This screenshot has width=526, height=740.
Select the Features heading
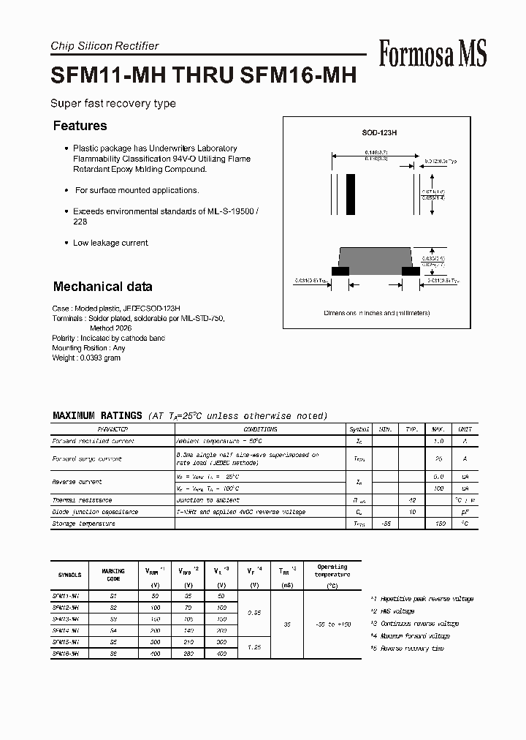click(x=80, y=126)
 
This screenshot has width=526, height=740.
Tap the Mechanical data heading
click(x=102, y=287)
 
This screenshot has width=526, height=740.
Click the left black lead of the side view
click(x=340, y=271)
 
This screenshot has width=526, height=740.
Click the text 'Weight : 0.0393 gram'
click(x=86, y=358)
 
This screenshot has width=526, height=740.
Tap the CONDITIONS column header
click(x=260, y=429)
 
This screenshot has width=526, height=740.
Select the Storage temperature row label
click(x=83, y=524)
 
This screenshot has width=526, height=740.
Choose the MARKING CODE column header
click(x=113, y=575)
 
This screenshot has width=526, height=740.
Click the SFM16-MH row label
click(x=69, y=654)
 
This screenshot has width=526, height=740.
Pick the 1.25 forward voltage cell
click(x=254, y=649)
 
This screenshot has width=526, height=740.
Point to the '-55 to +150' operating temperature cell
click(x=332, y=624)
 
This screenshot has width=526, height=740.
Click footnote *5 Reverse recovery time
click(x=407, y=649)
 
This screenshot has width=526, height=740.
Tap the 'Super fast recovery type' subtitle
click(x=113, y=104)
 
